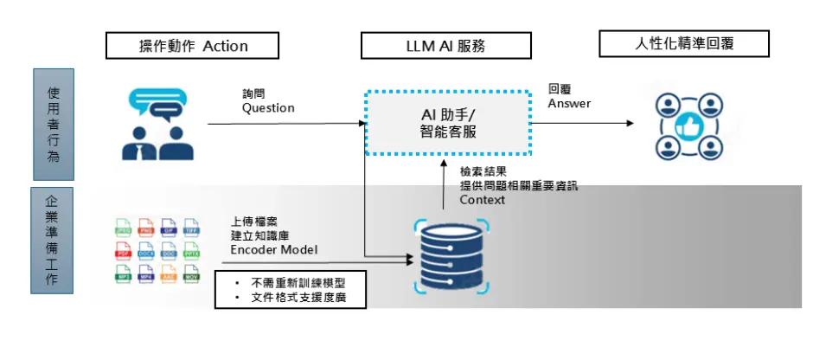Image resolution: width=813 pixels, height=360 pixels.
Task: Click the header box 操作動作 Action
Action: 193,46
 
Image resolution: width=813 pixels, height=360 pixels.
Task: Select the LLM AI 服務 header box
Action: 446,46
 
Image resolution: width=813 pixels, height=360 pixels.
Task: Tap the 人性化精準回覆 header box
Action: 684,43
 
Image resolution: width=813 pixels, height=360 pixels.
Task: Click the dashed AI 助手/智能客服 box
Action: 447,123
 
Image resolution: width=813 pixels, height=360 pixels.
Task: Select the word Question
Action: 268,108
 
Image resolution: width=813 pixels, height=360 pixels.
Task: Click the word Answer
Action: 569,104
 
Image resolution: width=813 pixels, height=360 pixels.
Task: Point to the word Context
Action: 484,199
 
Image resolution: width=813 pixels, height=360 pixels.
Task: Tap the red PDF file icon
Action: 124,252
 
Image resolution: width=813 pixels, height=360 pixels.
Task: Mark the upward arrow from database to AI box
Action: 444,186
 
